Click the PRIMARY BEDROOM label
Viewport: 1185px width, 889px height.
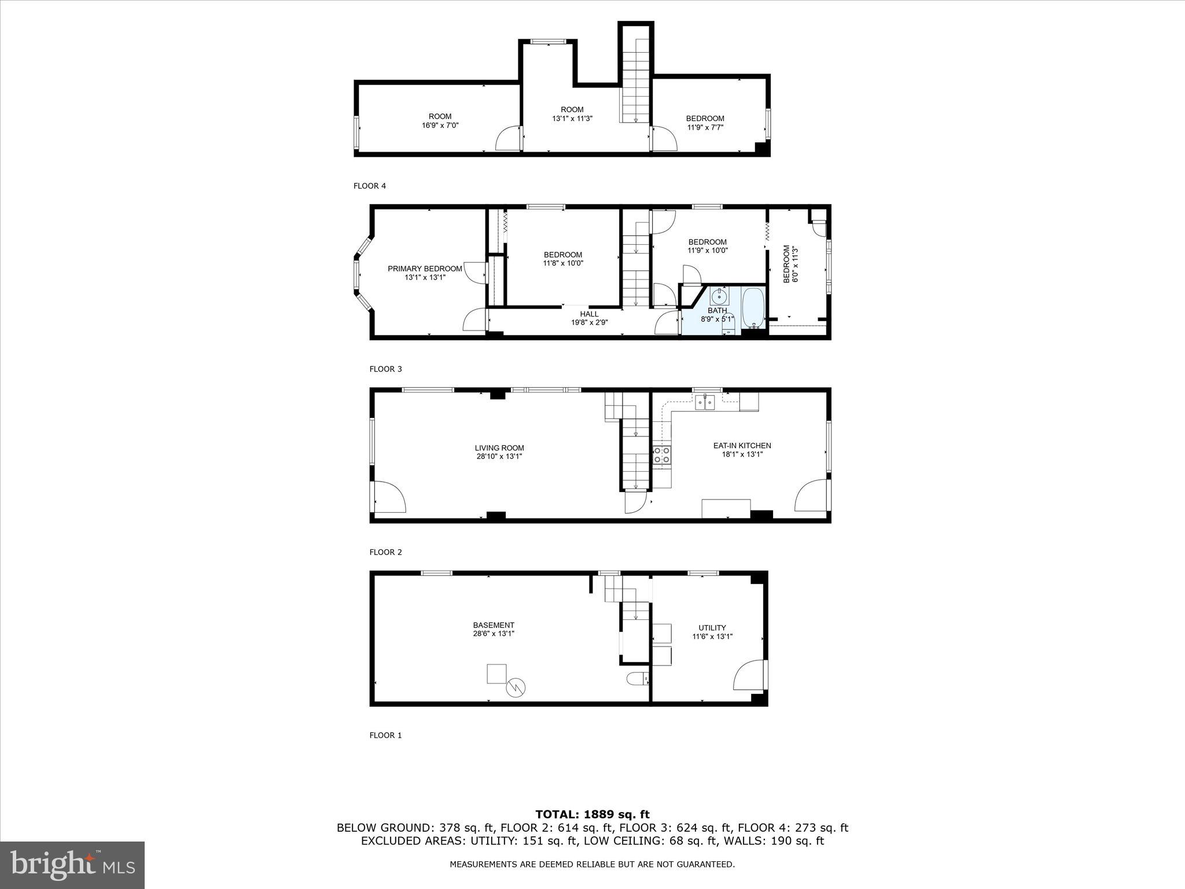tap(425, 269)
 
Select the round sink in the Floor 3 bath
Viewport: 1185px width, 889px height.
tap(719, 297)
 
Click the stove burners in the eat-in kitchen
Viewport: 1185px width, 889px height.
tap(661, 455)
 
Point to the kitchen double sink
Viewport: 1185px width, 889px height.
tap(704, 402)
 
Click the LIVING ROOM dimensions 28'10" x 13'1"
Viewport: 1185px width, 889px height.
tap(499, 456)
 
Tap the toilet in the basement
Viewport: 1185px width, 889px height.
tap(637, 678)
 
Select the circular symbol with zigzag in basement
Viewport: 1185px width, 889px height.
tap(516, 688)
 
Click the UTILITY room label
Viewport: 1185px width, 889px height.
tap(712, 627)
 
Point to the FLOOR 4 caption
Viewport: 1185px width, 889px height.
tap(369, 186)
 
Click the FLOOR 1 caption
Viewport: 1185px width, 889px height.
tap(385, 735)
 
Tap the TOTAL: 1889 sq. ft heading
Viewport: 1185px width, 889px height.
tap(592, 814)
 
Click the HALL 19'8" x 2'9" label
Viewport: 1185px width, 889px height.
tap(589, 318)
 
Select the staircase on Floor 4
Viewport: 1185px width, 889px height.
tap(636, 81)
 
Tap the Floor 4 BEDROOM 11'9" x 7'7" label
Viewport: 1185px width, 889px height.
tap(705, 123)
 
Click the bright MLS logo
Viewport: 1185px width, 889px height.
tap(72, 865)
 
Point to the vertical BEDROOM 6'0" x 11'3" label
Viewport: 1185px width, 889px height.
tap(790, 265)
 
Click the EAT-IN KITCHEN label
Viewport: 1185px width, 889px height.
tap(742, 446)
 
